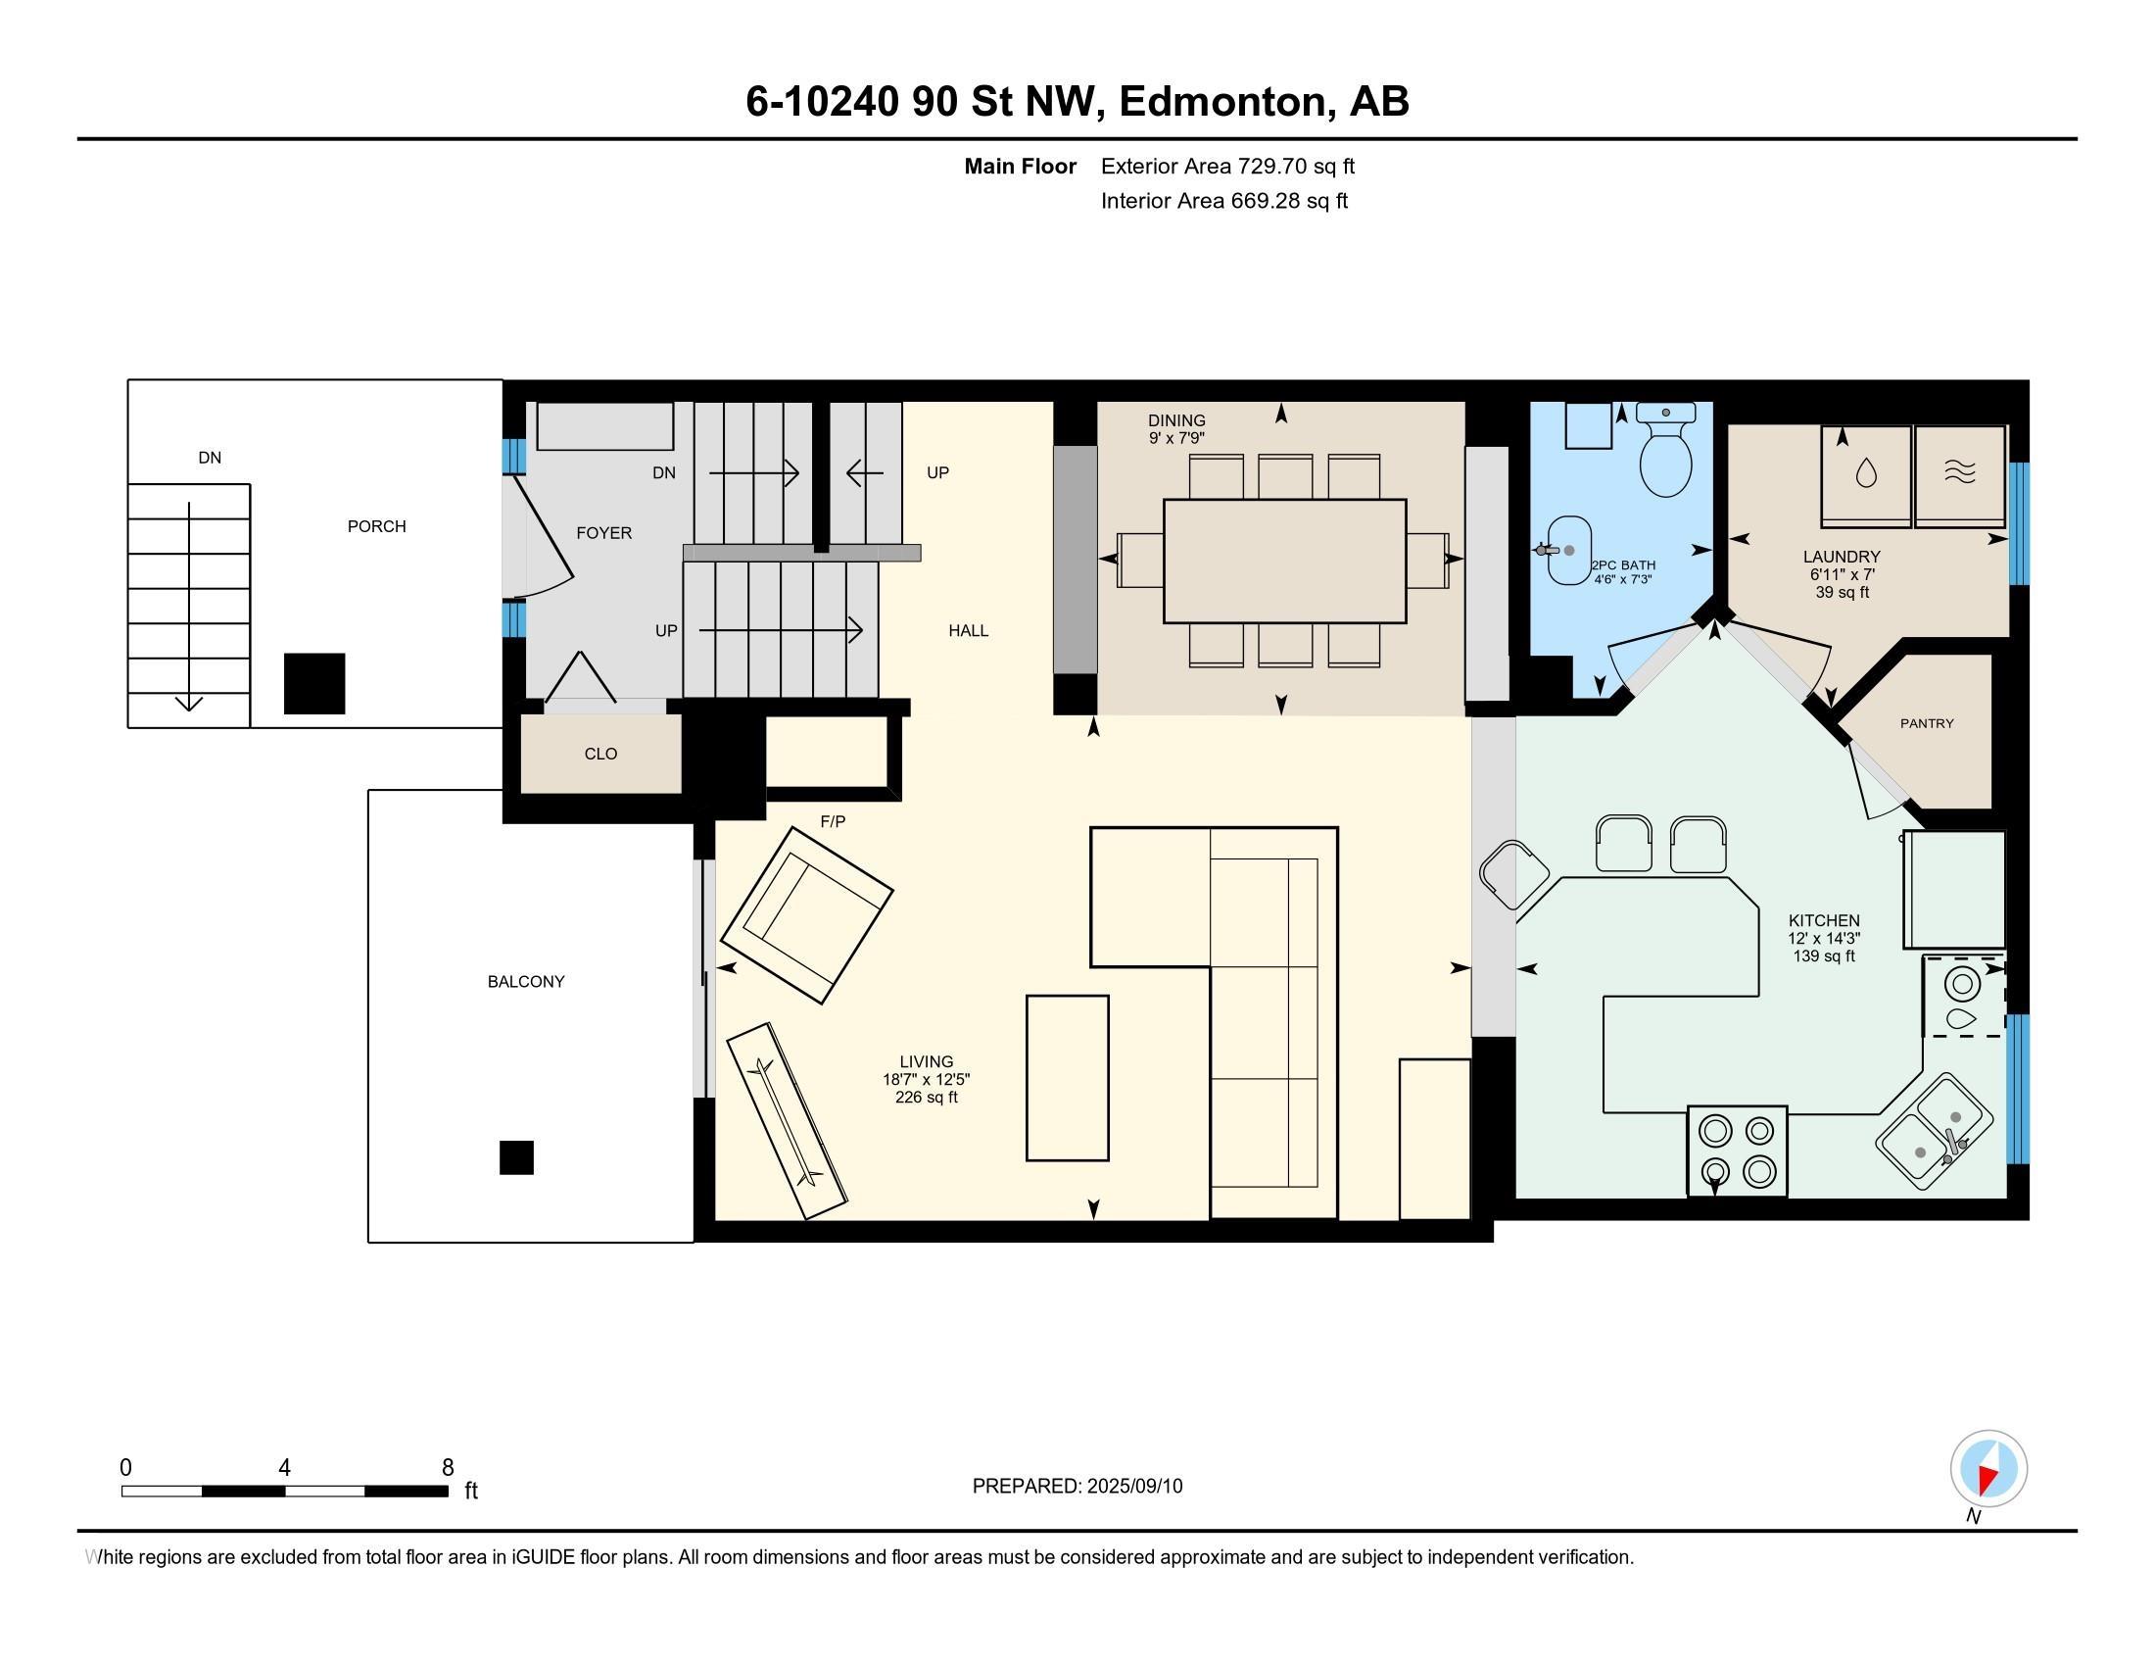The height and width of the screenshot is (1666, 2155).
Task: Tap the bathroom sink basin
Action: click(x=1569, y=551)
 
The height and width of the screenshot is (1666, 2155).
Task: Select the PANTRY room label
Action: click(x=1927, y=723)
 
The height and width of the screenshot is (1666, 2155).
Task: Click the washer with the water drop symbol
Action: click(x=1866, y=475)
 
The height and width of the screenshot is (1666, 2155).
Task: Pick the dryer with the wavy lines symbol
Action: click(x=1960, y=475)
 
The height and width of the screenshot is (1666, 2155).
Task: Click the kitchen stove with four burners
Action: click(x=1738, y=1151)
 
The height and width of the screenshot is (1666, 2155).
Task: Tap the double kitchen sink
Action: click(x=1934, y=1131)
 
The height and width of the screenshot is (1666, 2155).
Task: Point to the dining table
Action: click(x=1285, y=561)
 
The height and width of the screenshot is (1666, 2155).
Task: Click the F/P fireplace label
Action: click(x=833, y=821)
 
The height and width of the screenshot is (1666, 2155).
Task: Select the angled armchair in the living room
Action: click(x=807, y=915)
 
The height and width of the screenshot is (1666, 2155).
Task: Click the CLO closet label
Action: click(x=600, y=754)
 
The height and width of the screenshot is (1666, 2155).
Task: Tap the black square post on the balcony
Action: click(x=516, y=1157)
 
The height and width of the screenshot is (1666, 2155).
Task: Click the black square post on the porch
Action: click(x=314, y=684)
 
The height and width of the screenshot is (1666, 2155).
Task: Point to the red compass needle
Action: click(x=1988, y=1479)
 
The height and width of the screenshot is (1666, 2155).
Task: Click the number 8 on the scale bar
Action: click(x=448, y=1468)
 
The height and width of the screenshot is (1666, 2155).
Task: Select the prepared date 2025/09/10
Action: click(x=1134, y=1487)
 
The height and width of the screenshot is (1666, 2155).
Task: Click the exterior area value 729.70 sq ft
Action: click(x=1297, y=167)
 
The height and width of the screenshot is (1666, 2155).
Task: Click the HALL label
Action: click(x=968, y=631)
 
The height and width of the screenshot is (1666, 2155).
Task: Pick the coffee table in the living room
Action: click(x=1068, y=1078)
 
